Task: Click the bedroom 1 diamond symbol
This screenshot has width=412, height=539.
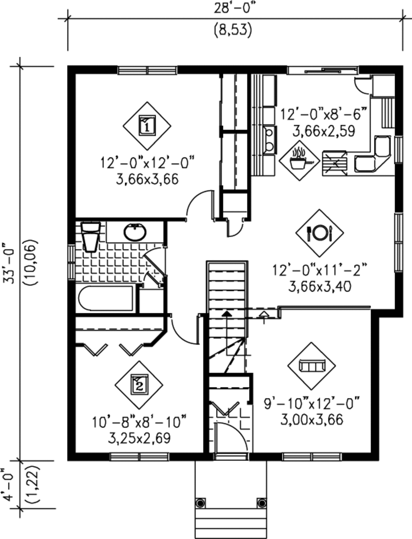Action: [x=147, y=125]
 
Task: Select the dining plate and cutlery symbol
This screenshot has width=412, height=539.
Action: [x=319, y=233]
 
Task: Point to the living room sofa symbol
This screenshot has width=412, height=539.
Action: [x=311, y=366]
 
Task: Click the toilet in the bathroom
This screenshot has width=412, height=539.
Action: [x=90, y=237]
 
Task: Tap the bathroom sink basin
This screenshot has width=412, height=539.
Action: [x=135, y=232]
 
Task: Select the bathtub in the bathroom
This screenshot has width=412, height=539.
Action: [x=105, y=298]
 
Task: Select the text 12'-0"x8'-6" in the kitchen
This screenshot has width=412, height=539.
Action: [x=323, y=114]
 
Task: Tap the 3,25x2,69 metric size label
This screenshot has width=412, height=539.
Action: [x=139, y=438]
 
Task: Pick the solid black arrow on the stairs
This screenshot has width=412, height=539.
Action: [x=227, y=313]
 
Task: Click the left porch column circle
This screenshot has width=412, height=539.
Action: [x=200, y=503]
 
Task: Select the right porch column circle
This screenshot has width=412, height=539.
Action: [x=262, y=503]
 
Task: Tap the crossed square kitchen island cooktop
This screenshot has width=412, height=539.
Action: [x=334, y=163]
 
